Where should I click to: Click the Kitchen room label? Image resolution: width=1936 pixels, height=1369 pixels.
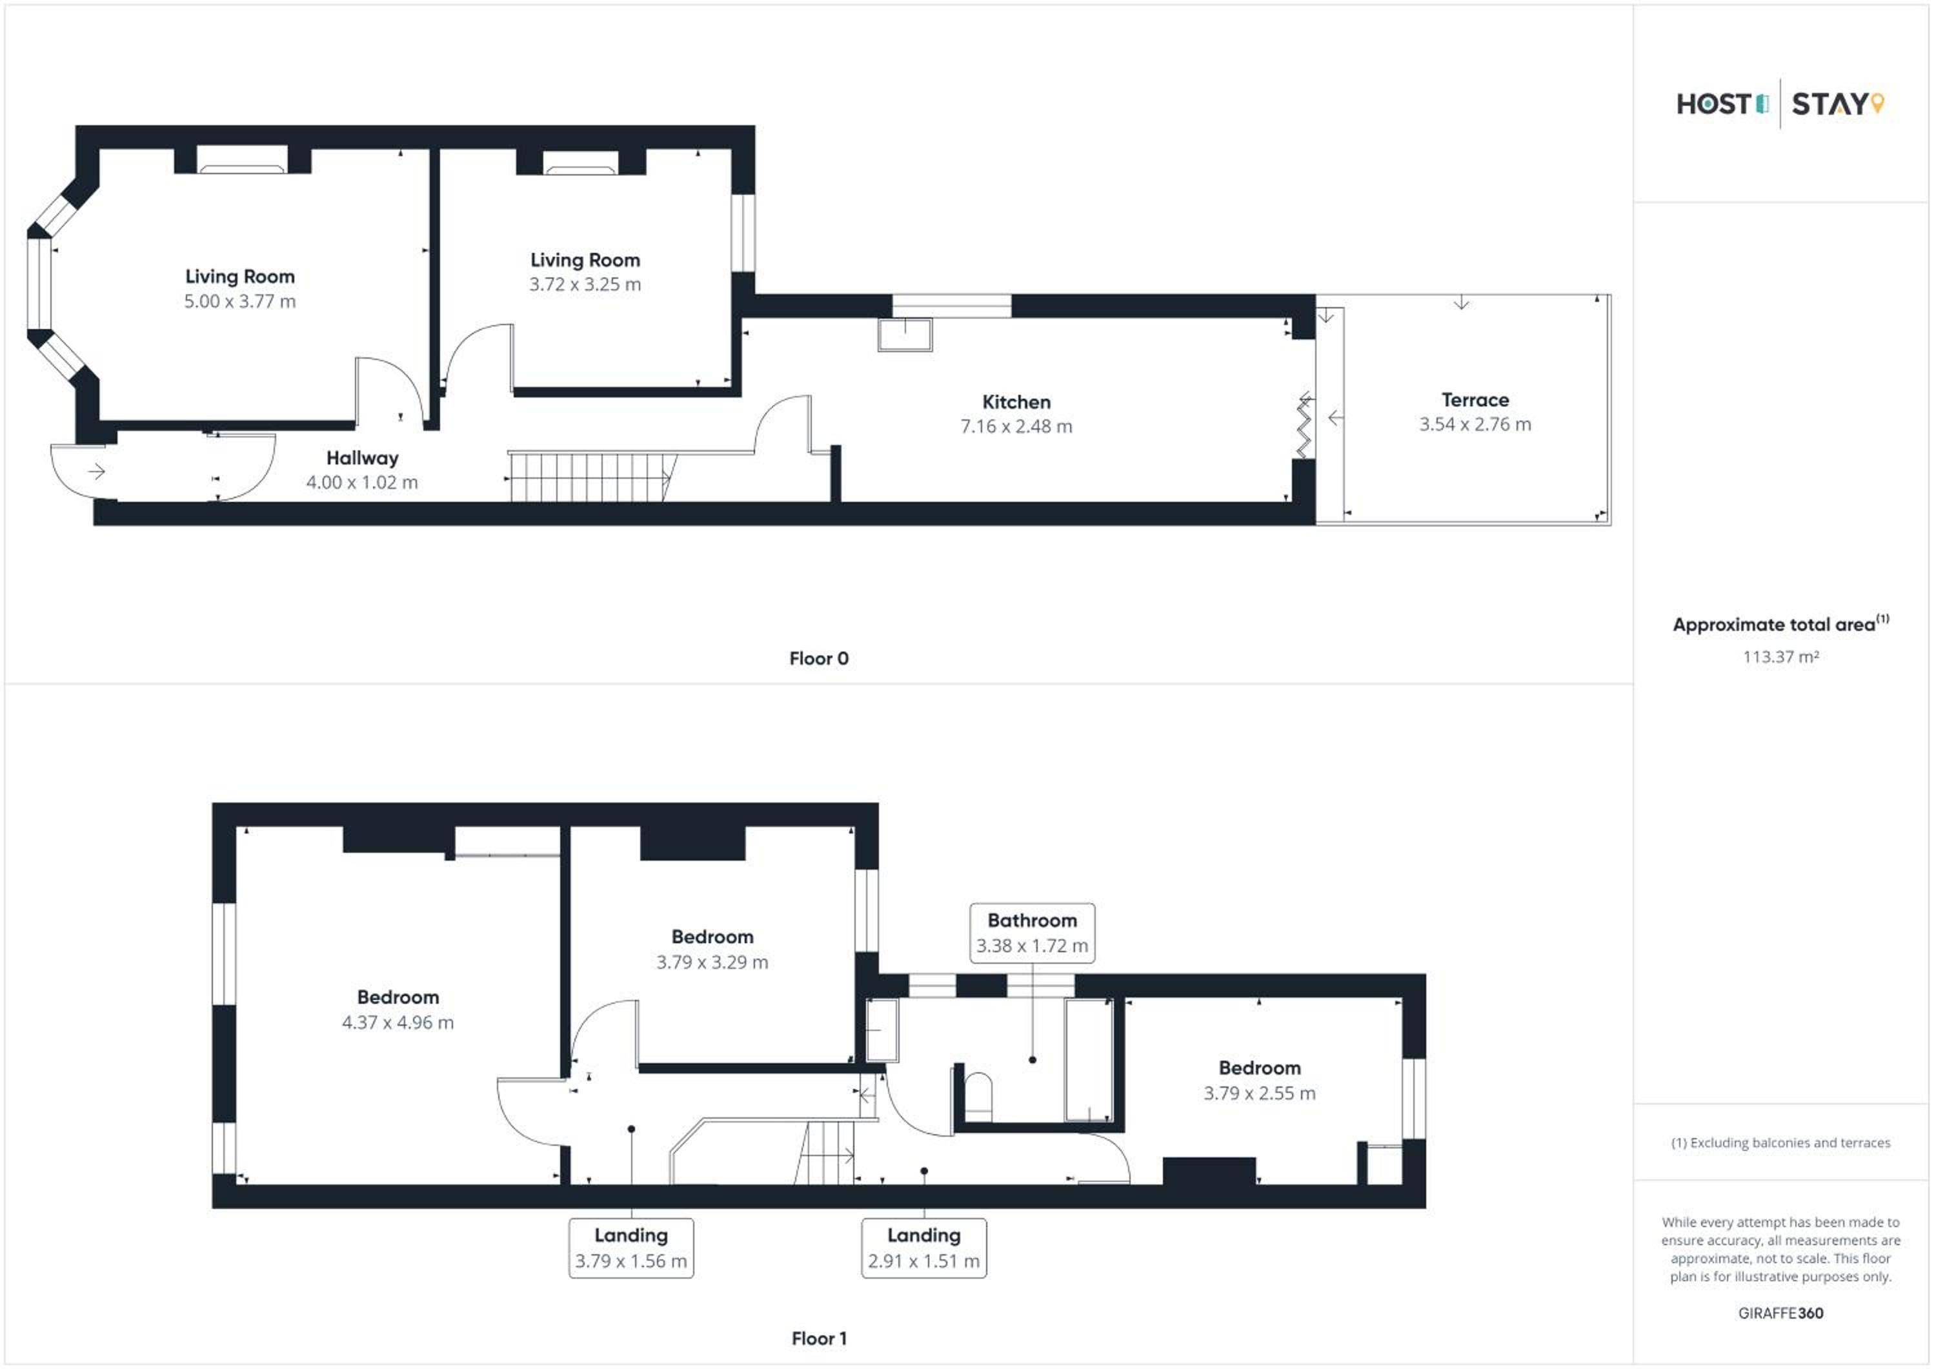point(1016,402)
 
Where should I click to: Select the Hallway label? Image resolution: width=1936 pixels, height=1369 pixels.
point(363,459)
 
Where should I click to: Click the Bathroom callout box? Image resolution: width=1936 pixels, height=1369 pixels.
point(1032,932)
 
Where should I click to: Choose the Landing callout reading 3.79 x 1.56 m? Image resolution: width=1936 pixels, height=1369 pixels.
point(630,1248)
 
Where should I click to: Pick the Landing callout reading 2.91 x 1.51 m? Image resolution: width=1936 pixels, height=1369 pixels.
point(923,1248)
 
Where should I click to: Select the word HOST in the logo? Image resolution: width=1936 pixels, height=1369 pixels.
point(1714,104)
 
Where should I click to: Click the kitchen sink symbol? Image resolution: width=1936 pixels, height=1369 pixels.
point(905,334)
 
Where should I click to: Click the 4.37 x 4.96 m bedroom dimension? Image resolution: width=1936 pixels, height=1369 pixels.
point(398,1023)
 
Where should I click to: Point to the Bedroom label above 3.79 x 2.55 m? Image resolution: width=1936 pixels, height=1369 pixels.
point(1260,1068)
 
